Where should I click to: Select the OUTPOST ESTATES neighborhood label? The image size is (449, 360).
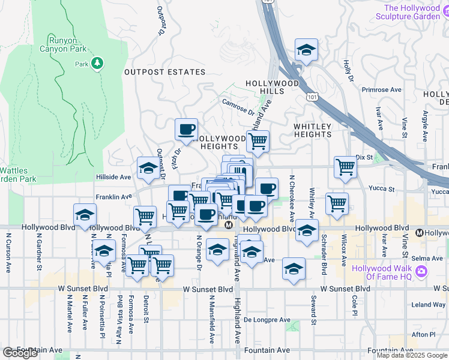pyautogui.click(x=164, y=72)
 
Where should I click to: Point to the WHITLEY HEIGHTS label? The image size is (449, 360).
pyautogui.click(x=312, y=130)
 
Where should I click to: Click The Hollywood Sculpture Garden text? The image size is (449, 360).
pyautogui.click(x=412, y=12)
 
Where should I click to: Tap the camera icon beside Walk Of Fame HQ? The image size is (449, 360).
pyautogui.click(x=421, y=272)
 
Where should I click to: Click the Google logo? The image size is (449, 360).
pyautogui.click(x=20, y=353)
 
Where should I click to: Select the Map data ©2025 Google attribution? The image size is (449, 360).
pyautogui.click(x=412, y=355)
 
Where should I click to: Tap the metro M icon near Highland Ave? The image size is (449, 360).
pyautogui.click(x=228, y=225)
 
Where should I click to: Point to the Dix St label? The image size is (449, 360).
pyautogui.click(x=364, y=157)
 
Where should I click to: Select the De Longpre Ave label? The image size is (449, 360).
pyautogui.click(x=267, y=320)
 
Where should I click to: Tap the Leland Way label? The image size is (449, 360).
pyautogui.click(x=429, y=304)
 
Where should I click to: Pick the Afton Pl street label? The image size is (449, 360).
pyautogui.click(x=424, y=334)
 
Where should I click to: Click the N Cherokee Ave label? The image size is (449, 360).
pyautogui.click(x=292, y=199)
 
